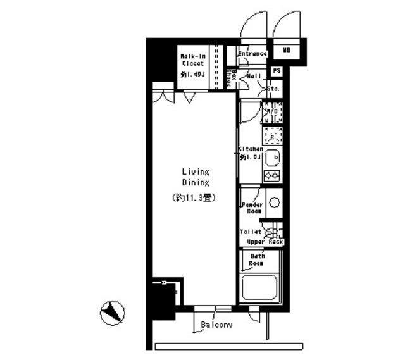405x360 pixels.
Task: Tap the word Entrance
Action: click(251, 54)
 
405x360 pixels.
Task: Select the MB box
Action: click(287, 50)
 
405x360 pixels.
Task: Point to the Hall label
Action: click(254, 77)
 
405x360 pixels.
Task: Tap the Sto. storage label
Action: click(274, 90)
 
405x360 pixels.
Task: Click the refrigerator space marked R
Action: click(273, 136)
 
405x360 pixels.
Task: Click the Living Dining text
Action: click(196, 177)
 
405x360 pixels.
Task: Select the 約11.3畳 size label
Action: click(195, 197)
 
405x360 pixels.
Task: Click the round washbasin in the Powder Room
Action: click(274, 202)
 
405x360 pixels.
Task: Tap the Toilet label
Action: click(251, 232)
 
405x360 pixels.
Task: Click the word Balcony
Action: click(217, 325)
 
